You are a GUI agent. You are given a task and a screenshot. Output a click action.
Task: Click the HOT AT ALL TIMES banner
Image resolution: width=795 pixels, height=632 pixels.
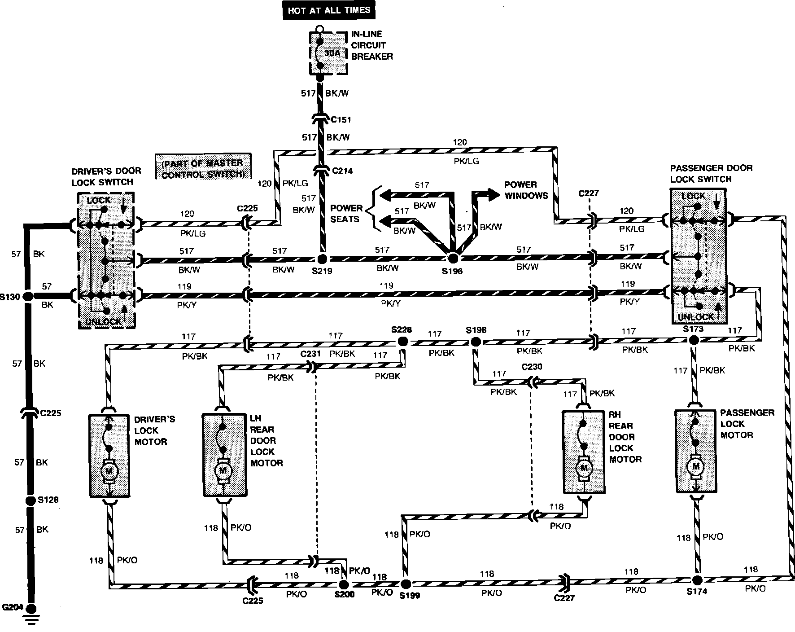click(x=329, y=10)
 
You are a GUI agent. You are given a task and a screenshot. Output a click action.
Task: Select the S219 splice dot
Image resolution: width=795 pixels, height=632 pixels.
click(x=322, y=259)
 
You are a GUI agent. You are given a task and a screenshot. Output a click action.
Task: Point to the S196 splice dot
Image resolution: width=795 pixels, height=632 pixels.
click(x=453, y=258)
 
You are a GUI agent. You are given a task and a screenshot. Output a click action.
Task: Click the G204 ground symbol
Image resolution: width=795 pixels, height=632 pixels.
click(x=31, y=612)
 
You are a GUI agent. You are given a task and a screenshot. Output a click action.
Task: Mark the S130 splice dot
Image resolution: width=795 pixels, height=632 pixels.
click(x=28, y=296)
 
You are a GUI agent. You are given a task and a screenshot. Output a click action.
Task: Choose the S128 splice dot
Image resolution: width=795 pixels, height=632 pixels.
click(x=30, y=501)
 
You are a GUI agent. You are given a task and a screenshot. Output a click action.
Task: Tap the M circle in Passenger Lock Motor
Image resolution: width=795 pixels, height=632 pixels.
click(x=695, y=467)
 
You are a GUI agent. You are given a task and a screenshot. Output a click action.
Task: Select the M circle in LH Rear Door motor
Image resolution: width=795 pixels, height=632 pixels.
click(x=223, y=471)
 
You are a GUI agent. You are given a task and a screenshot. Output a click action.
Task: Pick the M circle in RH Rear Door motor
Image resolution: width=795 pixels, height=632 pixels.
click(x=584, y=468)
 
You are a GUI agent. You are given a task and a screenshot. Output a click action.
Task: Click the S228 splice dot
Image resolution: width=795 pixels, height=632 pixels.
click(x=402, y=342)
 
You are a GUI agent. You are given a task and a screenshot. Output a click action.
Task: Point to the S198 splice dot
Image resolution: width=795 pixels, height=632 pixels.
click(x=476, y=342)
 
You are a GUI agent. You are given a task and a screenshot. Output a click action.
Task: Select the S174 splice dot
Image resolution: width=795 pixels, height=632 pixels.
click(x=697, y=580)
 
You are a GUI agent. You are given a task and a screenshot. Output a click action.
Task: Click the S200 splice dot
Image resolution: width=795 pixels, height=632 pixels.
click(x=343, y=584)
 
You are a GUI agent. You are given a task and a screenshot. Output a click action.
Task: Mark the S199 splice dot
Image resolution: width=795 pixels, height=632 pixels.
click(x=405, y=584)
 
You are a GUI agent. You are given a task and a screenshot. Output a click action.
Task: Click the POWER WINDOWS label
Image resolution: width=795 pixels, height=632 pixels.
click(x=526, y=190)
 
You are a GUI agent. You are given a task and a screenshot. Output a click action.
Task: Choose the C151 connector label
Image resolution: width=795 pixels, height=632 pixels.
click(x=341, y=120)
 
